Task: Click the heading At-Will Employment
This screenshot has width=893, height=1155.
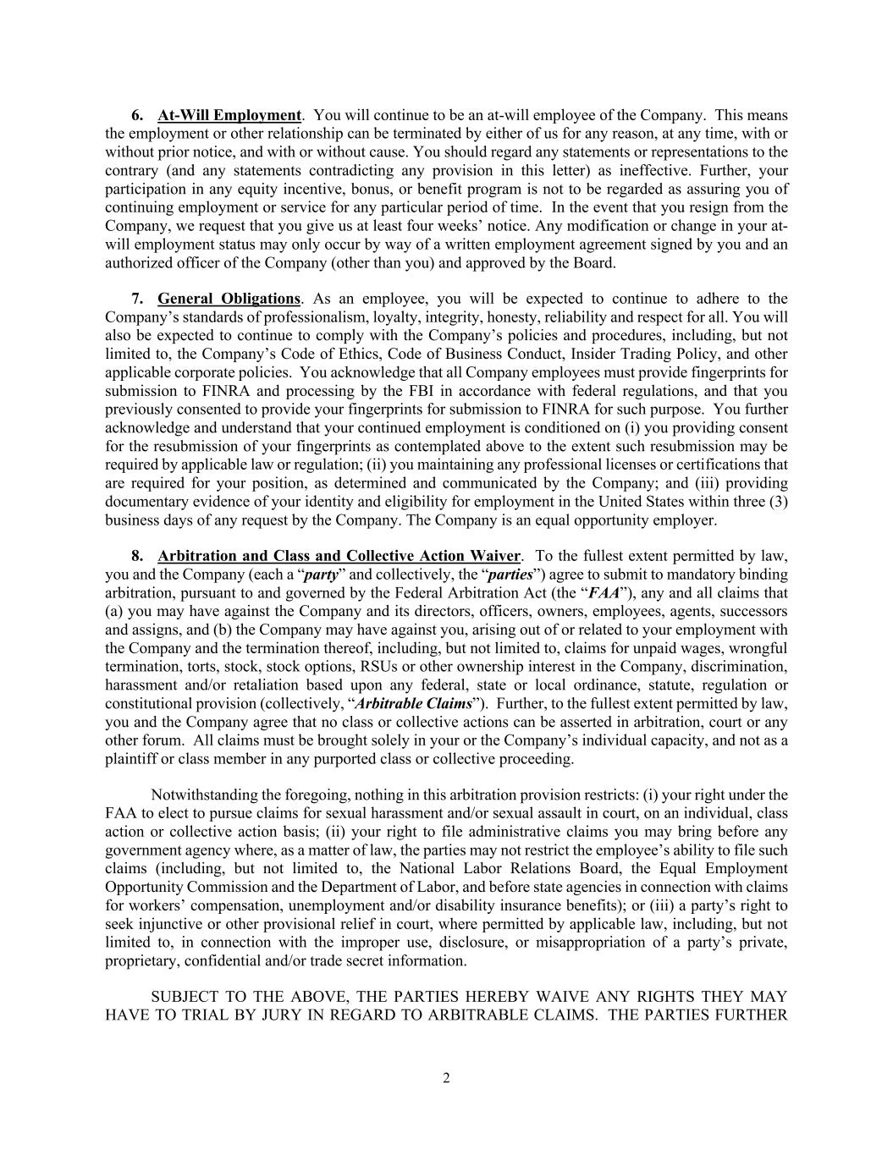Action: tap(229, 115)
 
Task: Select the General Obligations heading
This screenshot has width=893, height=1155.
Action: tap(229, 299)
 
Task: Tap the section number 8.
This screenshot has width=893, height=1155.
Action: tap(136, 556)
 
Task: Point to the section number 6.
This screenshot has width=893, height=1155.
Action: tap(136, 115)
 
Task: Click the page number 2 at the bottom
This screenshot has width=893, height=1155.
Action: tap(446, 1078)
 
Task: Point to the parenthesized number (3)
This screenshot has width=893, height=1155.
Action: tap(777, 502)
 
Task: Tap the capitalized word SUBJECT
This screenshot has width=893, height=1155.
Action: tap(182, 997)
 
